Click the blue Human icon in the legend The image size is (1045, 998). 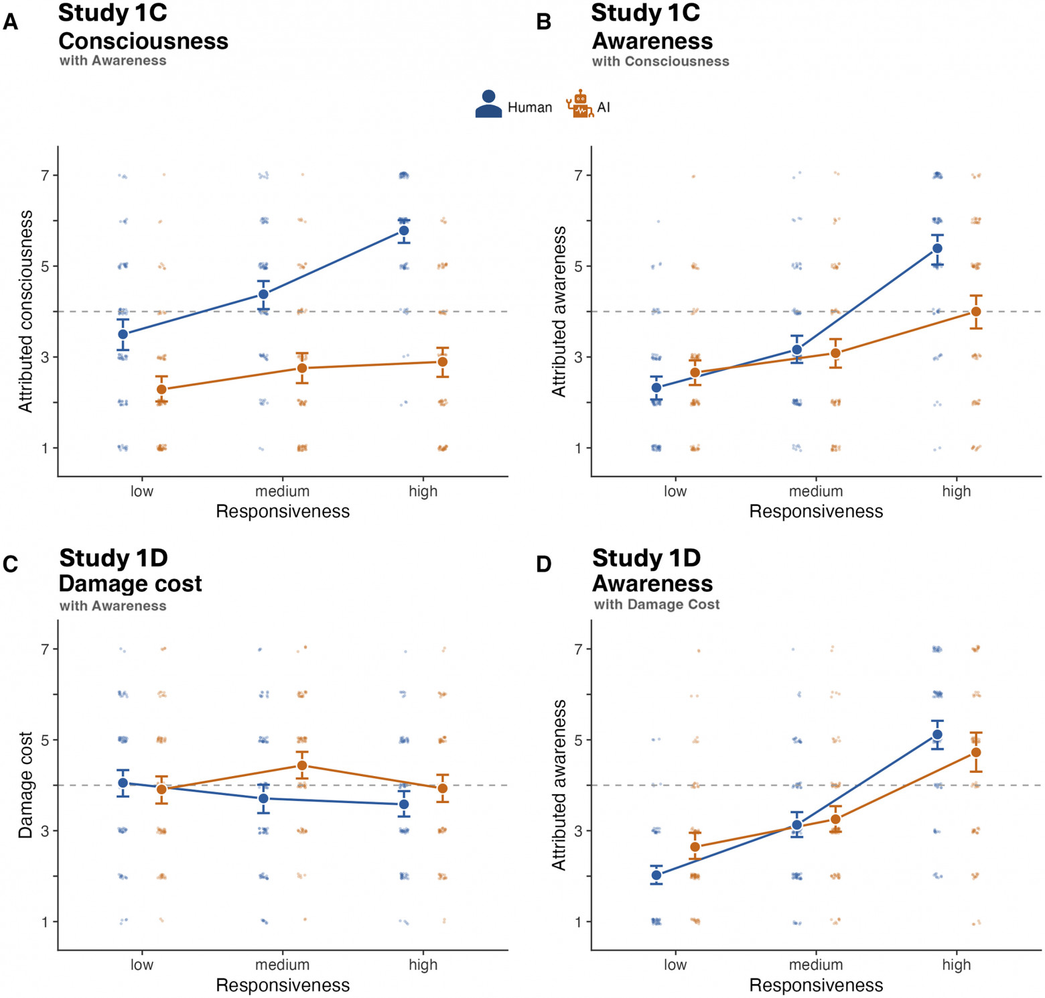(x=488, y=105)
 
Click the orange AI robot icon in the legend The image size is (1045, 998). (x=580, y=104)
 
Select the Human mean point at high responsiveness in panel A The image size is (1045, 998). (x=404, y=231)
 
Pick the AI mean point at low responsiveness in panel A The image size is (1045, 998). (x=161, y=389)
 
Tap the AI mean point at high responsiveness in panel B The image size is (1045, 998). (x=976, y=312)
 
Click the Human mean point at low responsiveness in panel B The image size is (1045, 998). (x=656, y=387)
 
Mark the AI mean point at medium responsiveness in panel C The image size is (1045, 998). (x=302, y=765)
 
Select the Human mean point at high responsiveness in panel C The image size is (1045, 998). (x=404, y=804)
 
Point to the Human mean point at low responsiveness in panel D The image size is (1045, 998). (x=656, y=875)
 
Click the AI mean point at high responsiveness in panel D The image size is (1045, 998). (x=976, y=753)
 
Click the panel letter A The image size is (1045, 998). (x=11, y=22)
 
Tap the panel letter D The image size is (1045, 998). (x=544, y=564)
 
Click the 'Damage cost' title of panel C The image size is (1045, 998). (x=130, y=584)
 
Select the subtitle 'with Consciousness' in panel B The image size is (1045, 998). (x=660, y=61)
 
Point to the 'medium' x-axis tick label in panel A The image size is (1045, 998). (x=282, y=491)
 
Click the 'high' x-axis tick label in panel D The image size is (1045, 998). (x=956, y=965)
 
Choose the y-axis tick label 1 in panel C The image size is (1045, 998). (x=46, y=922)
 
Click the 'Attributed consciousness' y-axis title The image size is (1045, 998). (x=25, y=312)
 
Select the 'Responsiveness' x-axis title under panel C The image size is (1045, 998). (x=283, y=985)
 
